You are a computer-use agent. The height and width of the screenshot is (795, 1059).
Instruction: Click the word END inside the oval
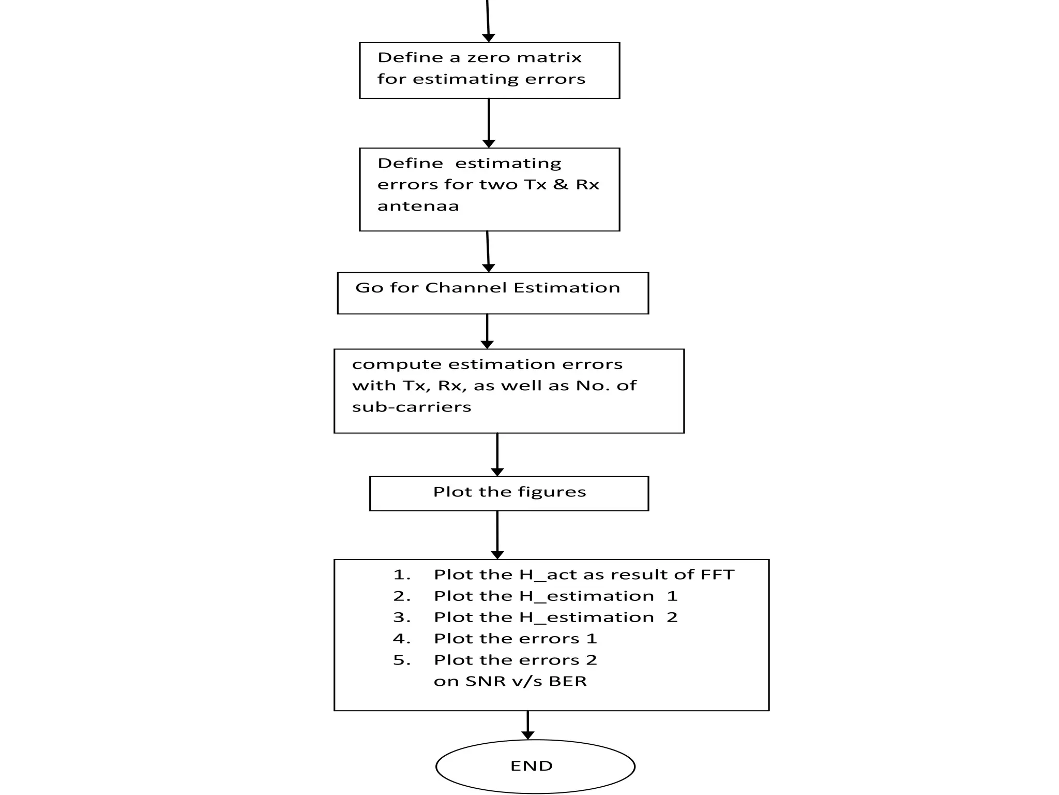tap(531, 766)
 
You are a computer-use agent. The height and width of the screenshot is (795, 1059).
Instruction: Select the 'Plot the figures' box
tap(509, 493)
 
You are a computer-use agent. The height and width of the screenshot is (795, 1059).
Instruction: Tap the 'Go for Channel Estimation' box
tap(492, 293)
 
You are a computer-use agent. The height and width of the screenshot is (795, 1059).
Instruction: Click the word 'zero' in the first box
tap(489, 57)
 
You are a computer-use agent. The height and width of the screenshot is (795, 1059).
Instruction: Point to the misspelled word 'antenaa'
tap(418, 207)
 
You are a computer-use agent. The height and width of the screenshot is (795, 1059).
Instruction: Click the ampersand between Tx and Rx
tap(561, 185)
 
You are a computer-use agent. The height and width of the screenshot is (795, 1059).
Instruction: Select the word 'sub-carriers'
tap(412, 407)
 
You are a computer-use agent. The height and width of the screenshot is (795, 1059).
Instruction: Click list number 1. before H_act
tap(402, 575)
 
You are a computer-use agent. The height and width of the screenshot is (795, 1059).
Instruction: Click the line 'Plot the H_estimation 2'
tap(555, 617)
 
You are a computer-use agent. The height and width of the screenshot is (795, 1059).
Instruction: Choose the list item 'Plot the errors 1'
tap(515, 639)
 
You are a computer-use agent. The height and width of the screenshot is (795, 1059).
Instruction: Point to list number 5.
tap(402, 660)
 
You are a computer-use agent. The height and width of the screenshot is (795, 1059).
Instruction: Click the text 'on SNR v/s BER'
tap(510, 682)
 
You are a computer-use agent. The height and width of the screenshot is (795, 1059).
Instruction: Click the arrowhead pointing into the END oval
tap(527, 735)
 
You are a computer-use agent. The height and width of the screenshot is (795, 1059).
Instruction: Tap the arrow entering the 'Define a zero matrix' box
tap(488, 21)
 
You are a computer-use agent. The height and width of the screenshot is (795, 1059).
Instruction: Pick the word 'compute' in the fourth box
tap(397, 364)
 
